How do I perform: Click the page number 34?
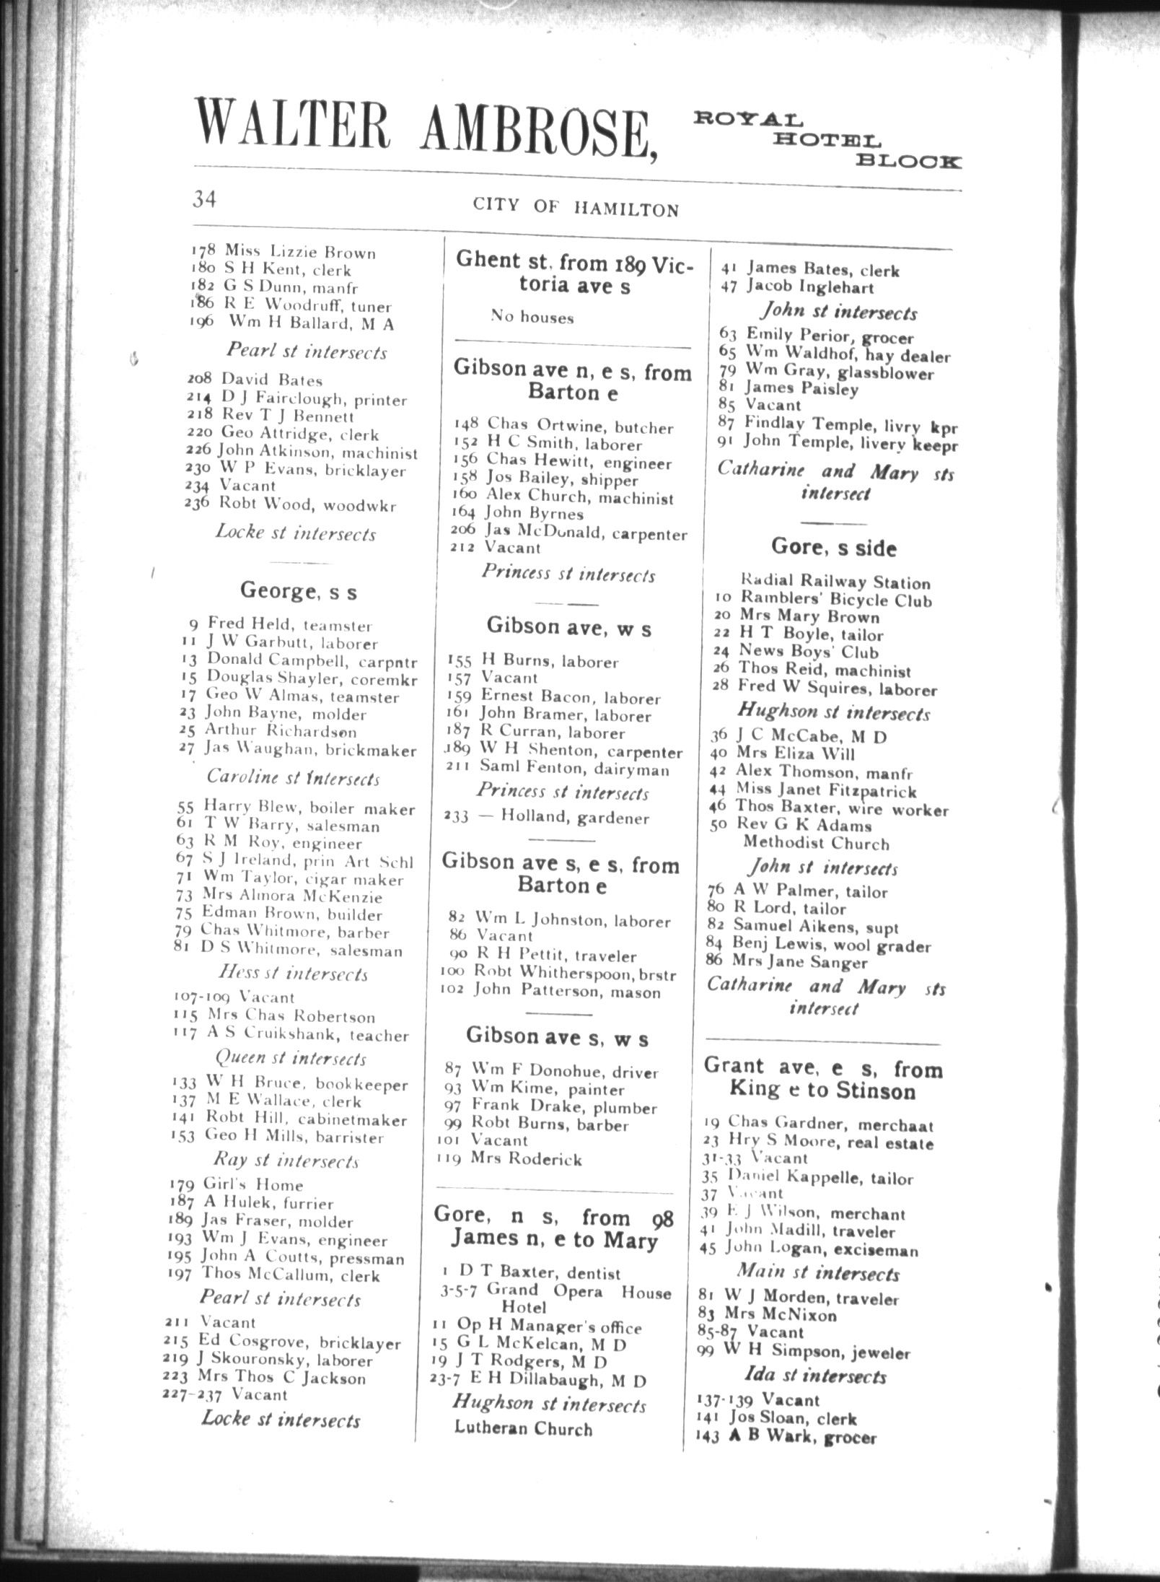click(x=204, y=198)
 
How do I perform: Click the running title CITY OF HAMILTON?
click(x=576, y=207)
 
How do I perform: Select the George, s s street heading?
click(x=298, y=592)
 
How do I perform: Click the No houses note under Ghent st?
click(x=532, y=317)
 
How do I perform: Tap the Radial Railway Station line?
click(x=835, y=582)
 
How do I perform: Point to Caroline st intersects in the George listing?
click(x=293, y=778)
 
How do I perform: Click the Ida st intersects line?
click(x=815, y=1376)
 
